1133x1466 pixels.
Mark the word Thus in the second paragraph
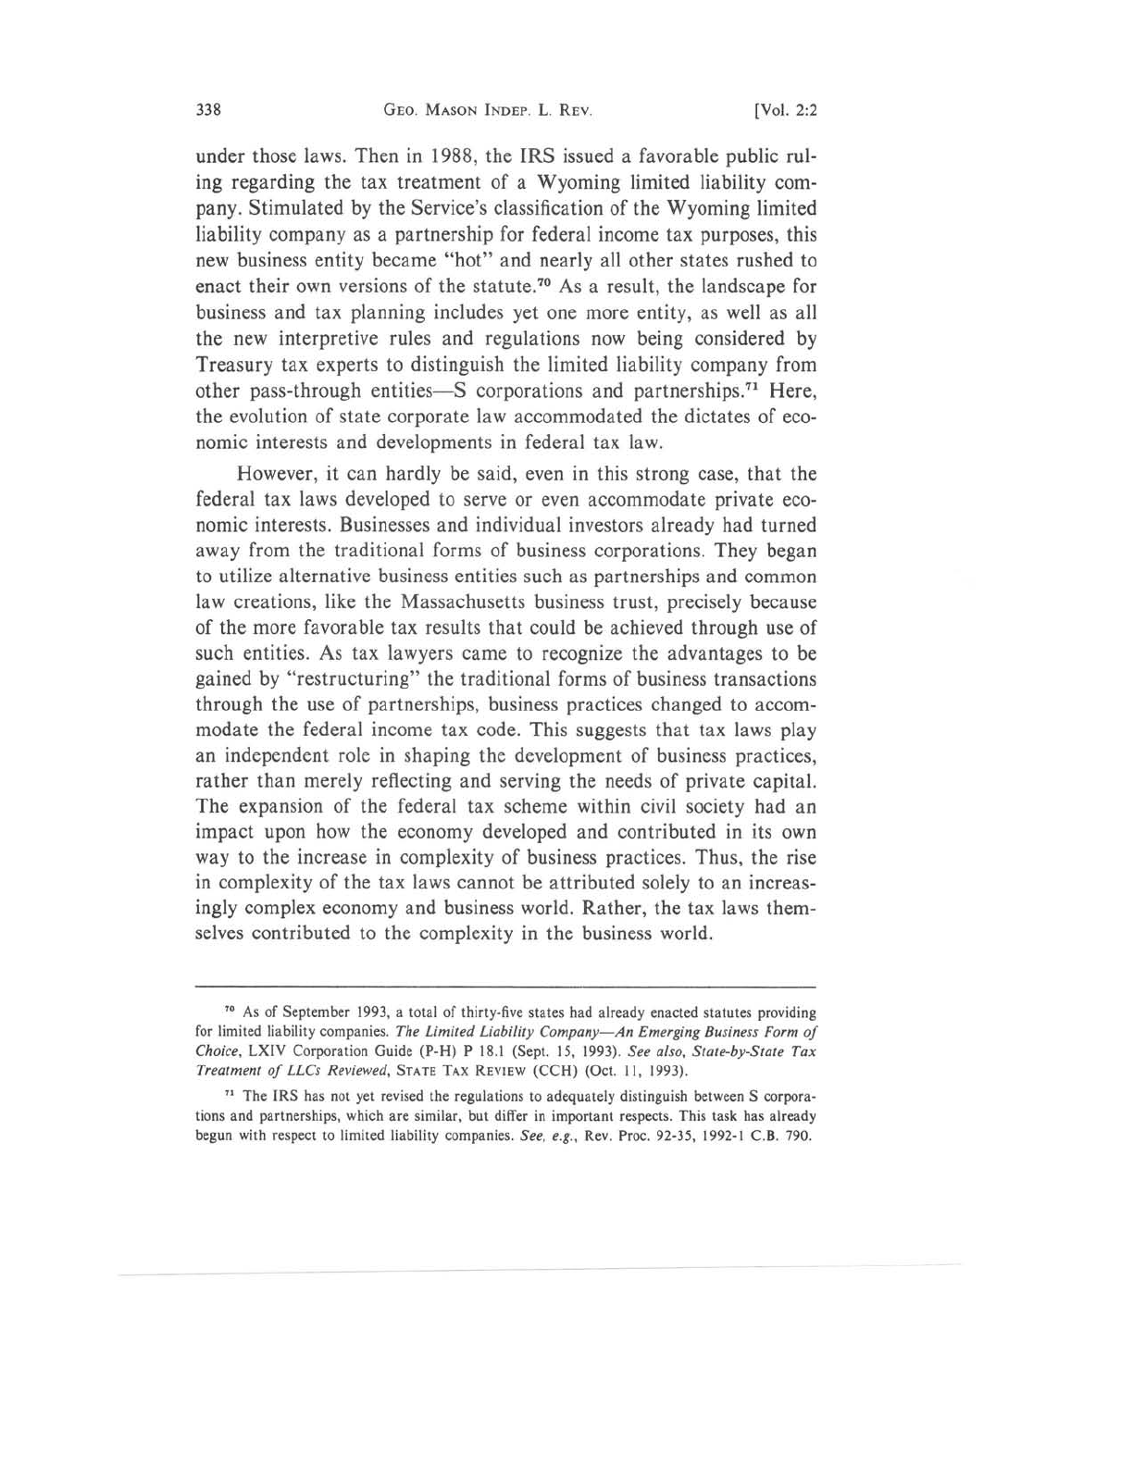click(x=718, y=857)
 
